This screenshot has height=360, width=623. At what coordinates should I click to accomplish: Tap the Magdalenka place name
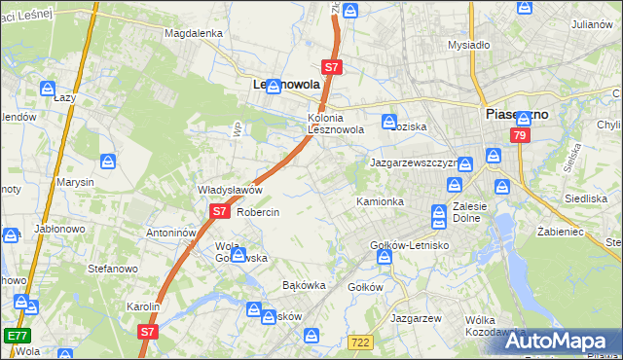pos(194,32)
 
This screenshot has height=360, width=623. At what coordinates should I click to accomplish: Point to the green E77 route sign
pos(17,335)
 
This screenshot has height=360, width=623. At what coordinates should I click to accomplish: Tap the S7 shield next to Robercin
pos(219,210)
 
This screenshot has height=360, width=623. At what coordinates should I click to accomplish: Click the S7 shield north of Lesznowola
pos(332,68)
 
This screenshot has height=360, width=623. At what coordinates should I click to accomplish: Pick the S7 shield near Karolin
pos(147,331)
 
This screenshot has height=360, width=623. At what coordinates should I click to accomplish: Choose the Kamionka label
pos(380,201)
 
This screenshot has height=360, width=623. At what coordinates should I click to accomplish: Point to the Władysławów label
pos(230,190)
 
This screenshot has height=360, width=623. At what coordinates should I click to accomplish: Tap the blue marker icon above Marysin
pos(108,161)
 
